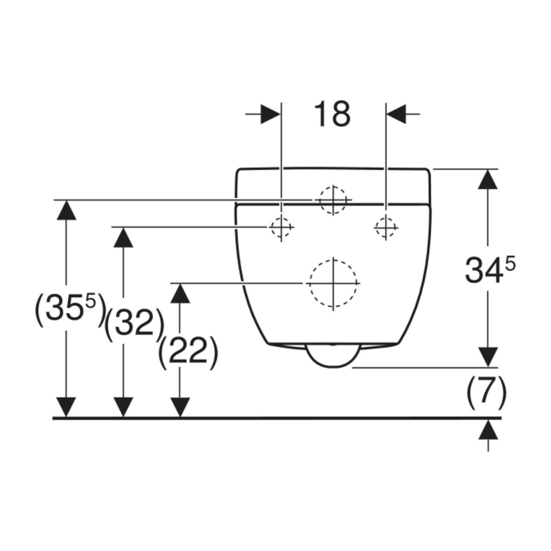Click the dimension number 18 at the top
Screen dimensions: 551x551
332,114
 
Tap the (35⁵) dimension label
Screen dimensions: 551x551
70,310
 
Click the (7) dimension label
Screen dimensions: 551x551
486,392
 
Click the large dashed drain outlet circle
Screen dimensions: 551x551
333,283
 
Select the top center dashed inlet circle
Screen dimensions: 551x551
333,200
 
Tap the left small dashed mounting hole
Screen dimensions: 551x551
281,227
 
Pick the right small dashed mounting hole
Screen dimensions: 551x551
386,227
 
